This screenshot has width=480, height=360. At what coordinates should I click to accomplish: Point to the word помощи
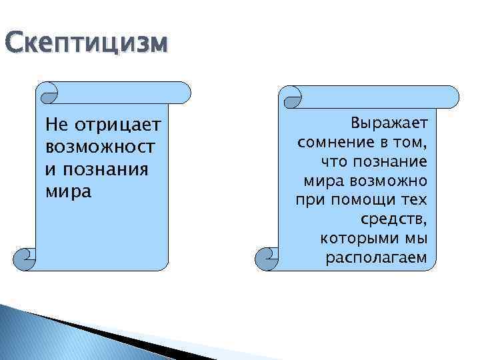(361, 200)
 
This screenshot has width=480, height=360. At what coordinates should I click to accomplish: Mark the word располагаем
(376, 257)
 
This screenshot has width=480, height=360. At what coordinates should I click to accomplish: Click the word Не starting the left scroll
(55, 125)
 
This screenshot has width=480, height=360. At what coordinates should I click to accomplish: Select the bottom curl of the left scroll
(25, 257)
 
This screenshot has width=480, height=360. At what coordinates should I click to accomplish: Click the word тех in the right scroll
(415, 200)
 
